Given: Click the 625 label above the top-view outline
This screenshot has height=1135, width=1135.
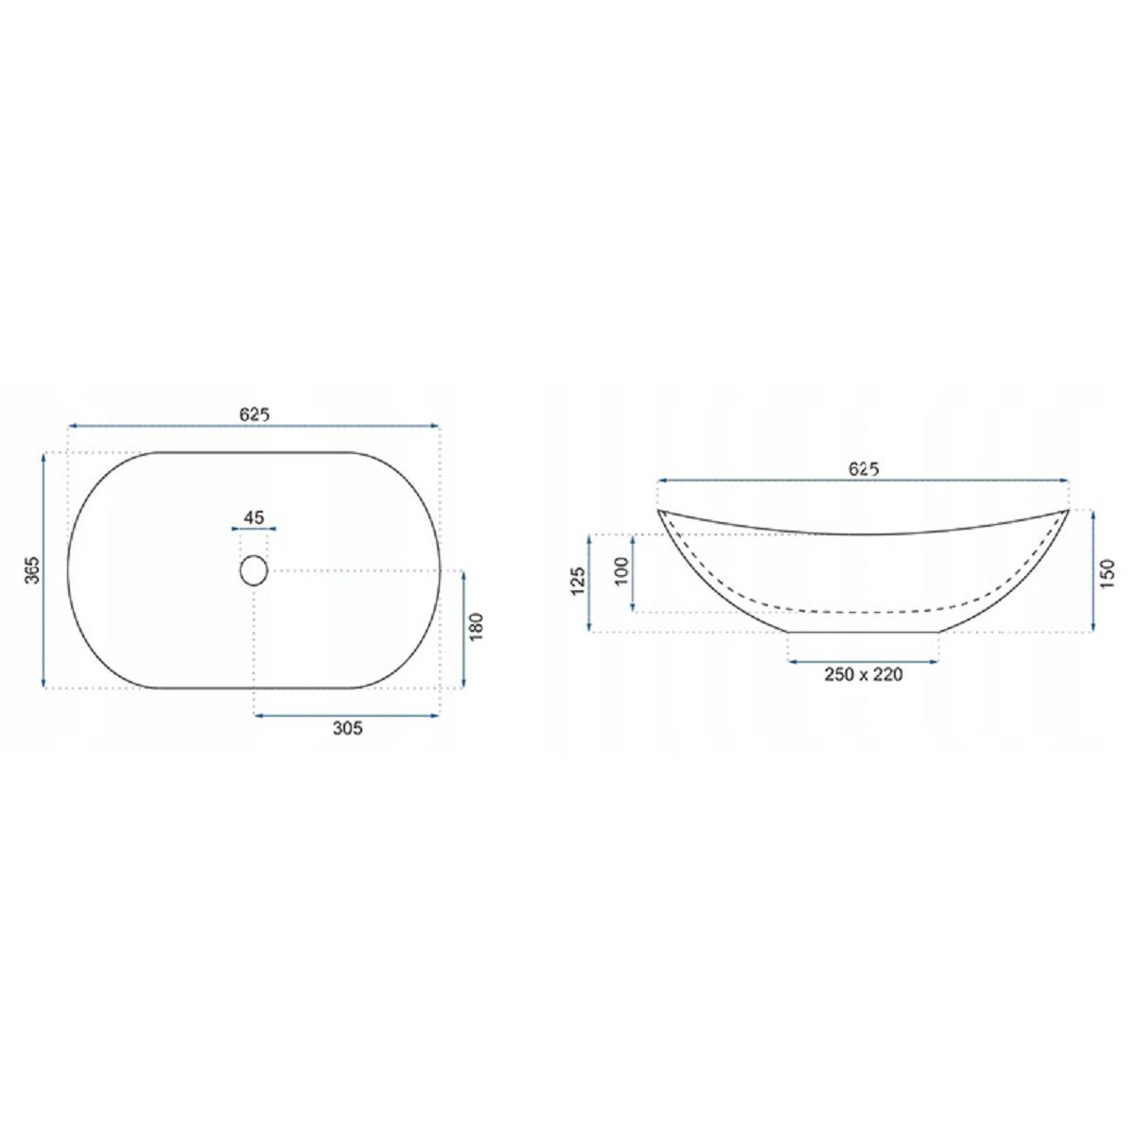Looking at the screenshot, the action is click(254, 414).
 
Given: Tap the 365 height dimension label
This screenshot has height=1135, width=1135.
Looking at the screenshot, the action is click(33, 569).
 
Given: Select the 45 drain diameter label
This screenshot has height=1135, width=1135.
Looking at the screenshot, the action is click(253, 517).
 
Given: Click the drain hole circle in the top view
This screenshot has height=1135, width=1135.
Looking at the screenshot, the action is click(253, 570).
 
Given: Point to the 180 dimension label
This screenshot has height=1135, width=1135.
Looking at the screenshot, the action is click(477, 627).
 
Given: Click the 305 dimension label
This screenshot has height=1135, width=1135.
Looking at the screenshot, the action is click(348, 728).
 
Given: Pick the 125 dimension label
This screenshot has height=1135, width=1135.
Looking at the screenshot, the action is click(578, 582).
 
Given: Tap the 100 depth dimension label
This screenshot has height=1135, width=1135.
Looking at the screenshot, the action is click(621, 571).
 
